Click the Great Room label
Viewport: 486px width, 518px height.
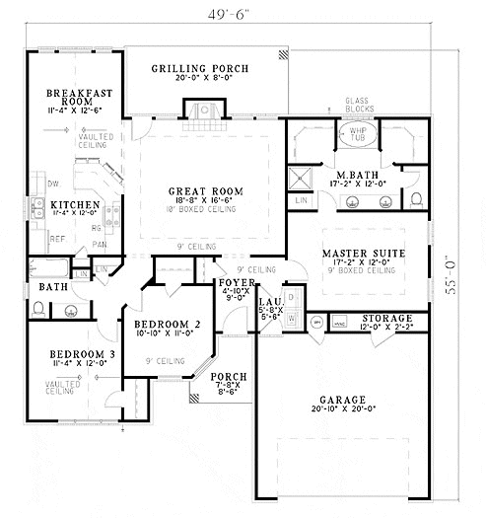(205, 191)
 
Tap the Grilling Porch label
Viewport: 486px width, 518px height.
(200, 69)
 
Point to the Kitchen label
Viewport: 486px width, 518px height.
(75, 204)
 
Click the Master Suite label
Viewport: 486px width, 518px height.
(363, 254)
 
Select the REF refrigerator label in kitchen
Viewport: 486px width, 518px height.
(58, 239)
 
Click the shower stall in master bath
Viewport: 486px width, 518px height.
(299, 178)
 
